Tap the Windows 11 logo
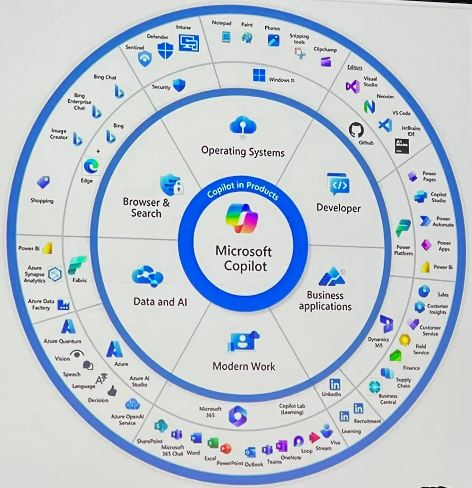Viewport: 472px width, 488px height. coord(259,75)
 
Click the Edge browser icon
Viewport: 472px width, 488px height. coord(90,166)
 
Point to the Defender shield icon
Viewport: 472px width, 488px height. coord(165,51)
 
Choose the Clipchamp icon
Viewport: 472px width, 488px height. coord(326,61)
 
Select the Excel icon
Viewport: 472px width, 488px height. coord(213,443)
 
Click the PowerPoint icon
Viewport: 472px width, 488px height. coord(226,448)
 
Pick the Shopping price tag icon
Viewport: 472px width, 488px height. coord(44,182)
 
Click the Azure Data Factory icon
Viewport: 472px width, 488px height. coord(63,305)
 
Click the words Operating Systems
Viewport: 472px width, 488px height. coord(243,152)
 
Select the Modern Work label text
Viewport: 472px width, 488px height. coord(244,366)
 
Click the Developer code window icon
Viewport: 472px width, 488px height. coord(338,184)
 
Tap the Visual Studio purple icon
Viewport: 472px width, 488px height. coord(352,86)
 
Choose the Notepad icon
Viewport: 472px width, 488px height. coord(226,36)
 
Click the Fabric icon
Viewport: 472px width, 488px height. coord(77,265)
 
